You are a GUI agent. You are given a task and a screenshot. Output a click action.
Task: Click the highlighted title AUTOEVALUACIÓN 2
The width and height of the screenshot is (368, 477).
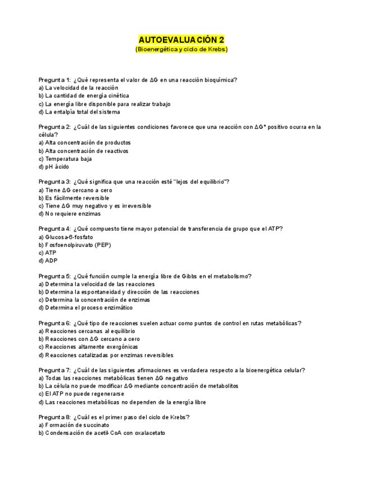pyautogui.click(x=181, y=40)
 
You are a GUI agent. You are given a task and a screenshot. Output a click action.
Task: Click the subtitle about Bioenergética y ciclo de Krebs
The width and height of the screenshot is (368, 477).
pyautogui.click(x=181, y=49)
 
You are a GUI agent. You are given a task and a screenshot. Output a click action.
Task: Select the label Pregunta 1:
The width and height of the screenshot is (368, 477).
pyautogui.click(x=54, y=80)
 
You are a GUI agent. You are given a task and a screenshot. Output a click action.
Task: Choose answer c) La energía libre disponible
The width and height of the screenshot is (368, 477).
pyautogui.click(x=105, y=104)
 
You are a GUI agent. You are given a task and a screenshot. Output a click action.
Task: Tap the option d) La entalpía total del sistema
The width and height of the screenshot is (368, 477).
pyautogui.click(x=79, y=112)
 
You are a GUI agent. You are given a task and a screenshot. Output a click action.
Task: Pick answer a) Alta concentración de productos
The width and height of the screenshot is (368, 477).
pyautogui.click(x=85, y=143)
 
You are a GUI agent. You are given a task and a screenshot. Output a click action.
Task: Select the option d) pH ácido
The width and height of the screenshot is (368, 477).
pyautogui.click(x=54, y=166)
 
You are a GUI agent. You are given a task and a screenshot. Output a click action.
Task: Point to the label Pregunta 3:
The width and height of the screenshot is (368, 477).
pyautogui.click(x=54, y=182)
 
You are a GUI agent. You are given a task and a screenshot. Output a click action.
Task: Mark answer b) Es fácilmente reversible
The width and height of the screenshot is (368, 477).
pyautogui.click(x=74, y=198)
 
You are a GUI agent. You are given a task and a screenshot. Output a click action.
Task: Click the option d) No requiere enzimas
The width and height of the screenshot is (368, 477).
pyautogui.click(x=70, y=214)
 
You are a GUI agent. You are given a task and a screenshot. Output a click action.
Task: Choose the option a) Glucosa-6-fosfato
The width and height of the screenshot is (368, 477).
pyautogui.click(x=66, y=237)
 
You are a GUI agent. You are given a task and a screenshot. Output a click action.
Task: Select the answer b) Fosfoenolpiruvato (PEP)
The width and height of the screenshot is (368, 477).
pyautogui.click(x=75, y=245)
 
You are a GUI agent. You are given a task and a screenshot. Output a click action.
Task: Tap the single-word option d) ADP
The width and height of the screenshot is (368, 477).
pyautogui.click(x=48, y=261)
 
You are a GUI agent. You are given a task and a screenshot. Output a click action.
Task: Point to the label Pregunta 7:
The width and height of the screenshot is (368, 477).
pyautogui.click(x=54, y=370)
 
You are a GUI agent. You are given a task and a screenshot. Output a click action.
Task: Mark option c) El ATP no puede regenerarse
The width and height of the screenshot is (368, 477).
pyautogui.click(x=81, y=394)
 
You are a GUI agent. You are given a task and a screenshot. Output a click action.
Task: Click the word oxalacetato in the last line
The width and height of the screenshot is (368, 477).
pyautogui.click(x=150, y=433)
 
